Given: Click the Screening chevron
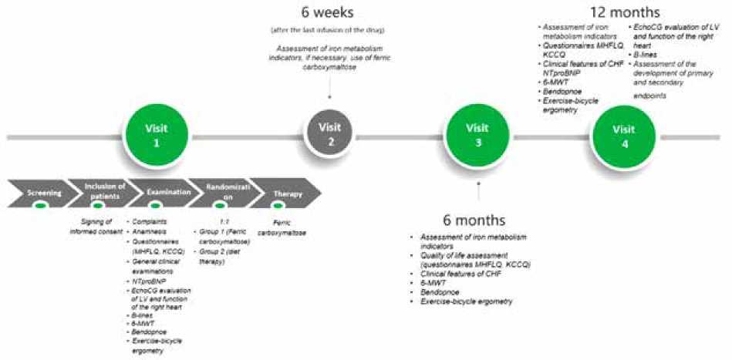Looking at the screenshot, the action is point(39,193).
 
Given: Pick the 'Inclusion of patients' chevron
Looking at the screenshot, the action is point(96,193).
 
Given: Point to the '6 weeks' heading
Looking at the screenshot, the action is point(329,12).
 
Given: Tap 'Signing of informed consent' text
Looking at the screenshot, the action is point(96,228).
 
